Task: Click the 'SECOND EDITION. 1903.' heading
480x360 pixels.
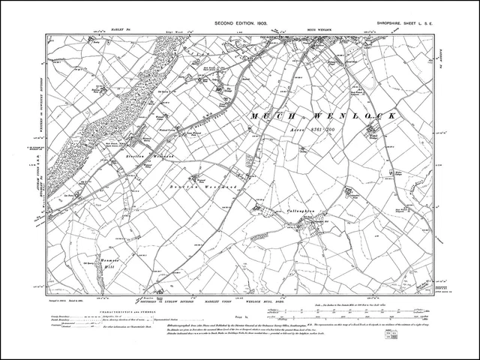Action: pos(239,25)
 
